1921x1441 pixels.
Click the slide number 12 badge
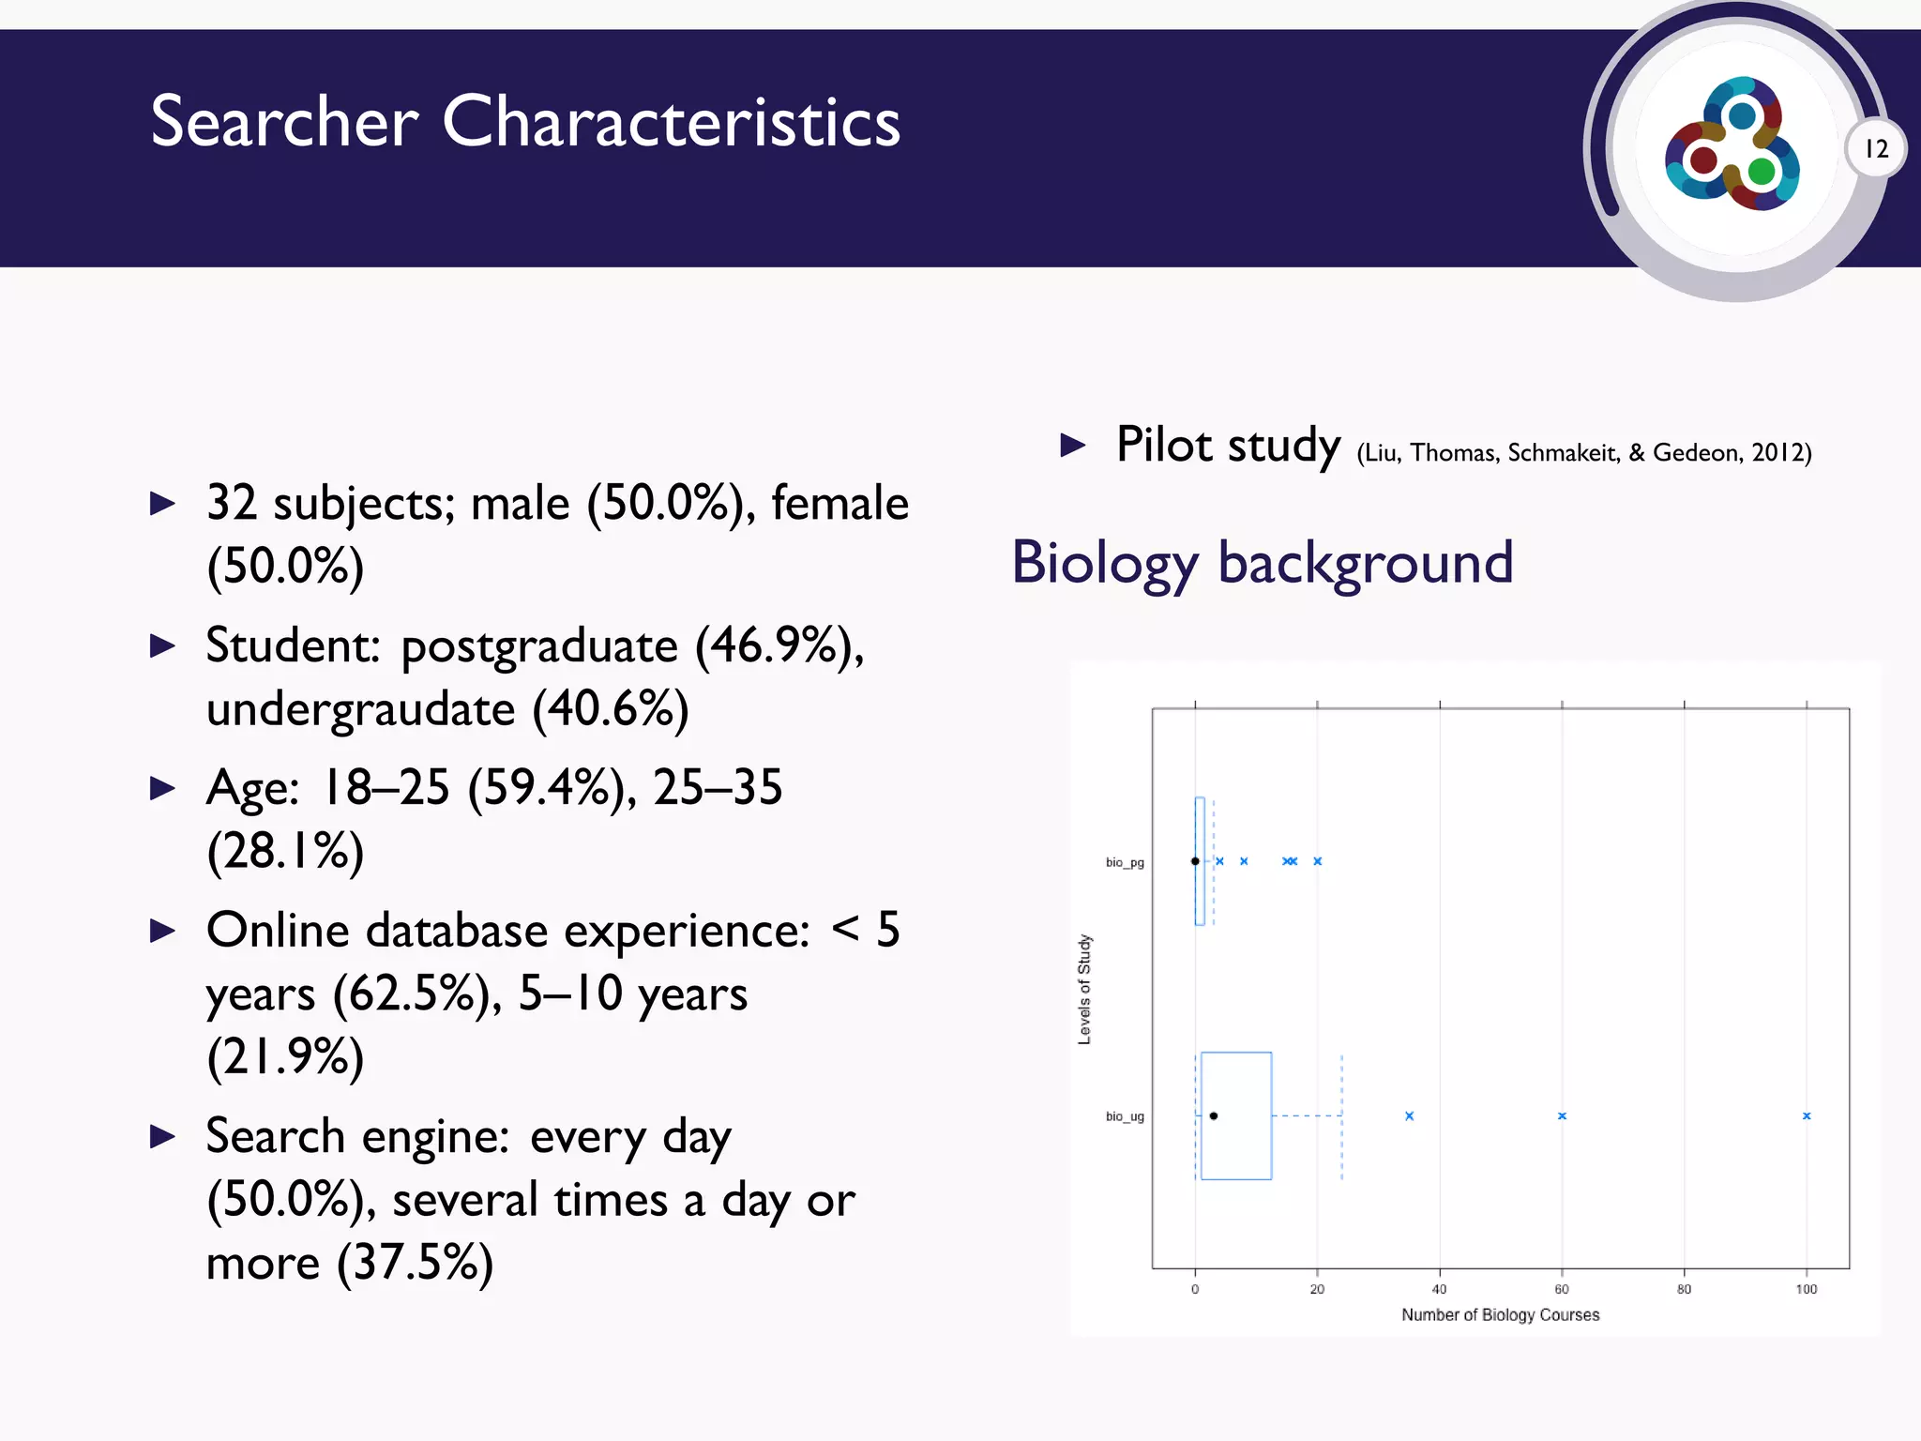(x=1876, y=149)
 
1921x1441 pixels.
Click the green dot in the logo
(x=1762, y=172)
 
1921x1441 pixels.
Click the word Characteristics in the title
(x=671, y=122)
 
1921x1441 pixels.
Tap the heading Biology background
(x=1262, y=563)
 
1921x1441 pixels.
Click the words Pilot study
(x=1228, y=445)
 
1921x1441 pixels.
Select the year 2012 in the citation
(x=1777, y=453)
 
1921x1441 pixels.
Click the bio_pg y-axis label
(x=1124, y=862)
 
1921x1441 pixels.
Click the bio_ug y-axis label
(x=1124, y=1116)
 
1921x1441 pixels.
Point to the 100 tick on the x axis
(x=1806, y=1289)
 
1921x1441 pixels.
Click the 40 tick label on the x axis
(x=1439, y=1289)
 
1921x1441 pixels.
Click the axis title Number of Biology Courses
(x=1500, y=1314)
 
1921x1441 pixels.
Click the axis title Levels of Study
(x=1084, y=989)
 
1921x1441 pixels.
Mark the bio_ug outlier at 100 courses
(x=1806, y=1115)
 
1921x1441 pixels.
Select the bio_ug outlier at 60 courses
(x=1562, y=1115)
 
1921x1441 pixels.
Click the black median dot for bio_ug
(x=1214, y=1115)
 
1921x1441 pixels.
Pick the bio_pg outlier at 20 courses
(x=1317, y=860)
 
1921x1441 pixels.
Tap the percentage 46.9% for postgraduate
(x=779, y=645)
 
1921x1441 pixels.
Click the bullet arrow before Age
(x=163, y=788)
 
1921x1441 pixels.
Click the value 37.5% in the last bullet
(x=414, y=1262)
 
